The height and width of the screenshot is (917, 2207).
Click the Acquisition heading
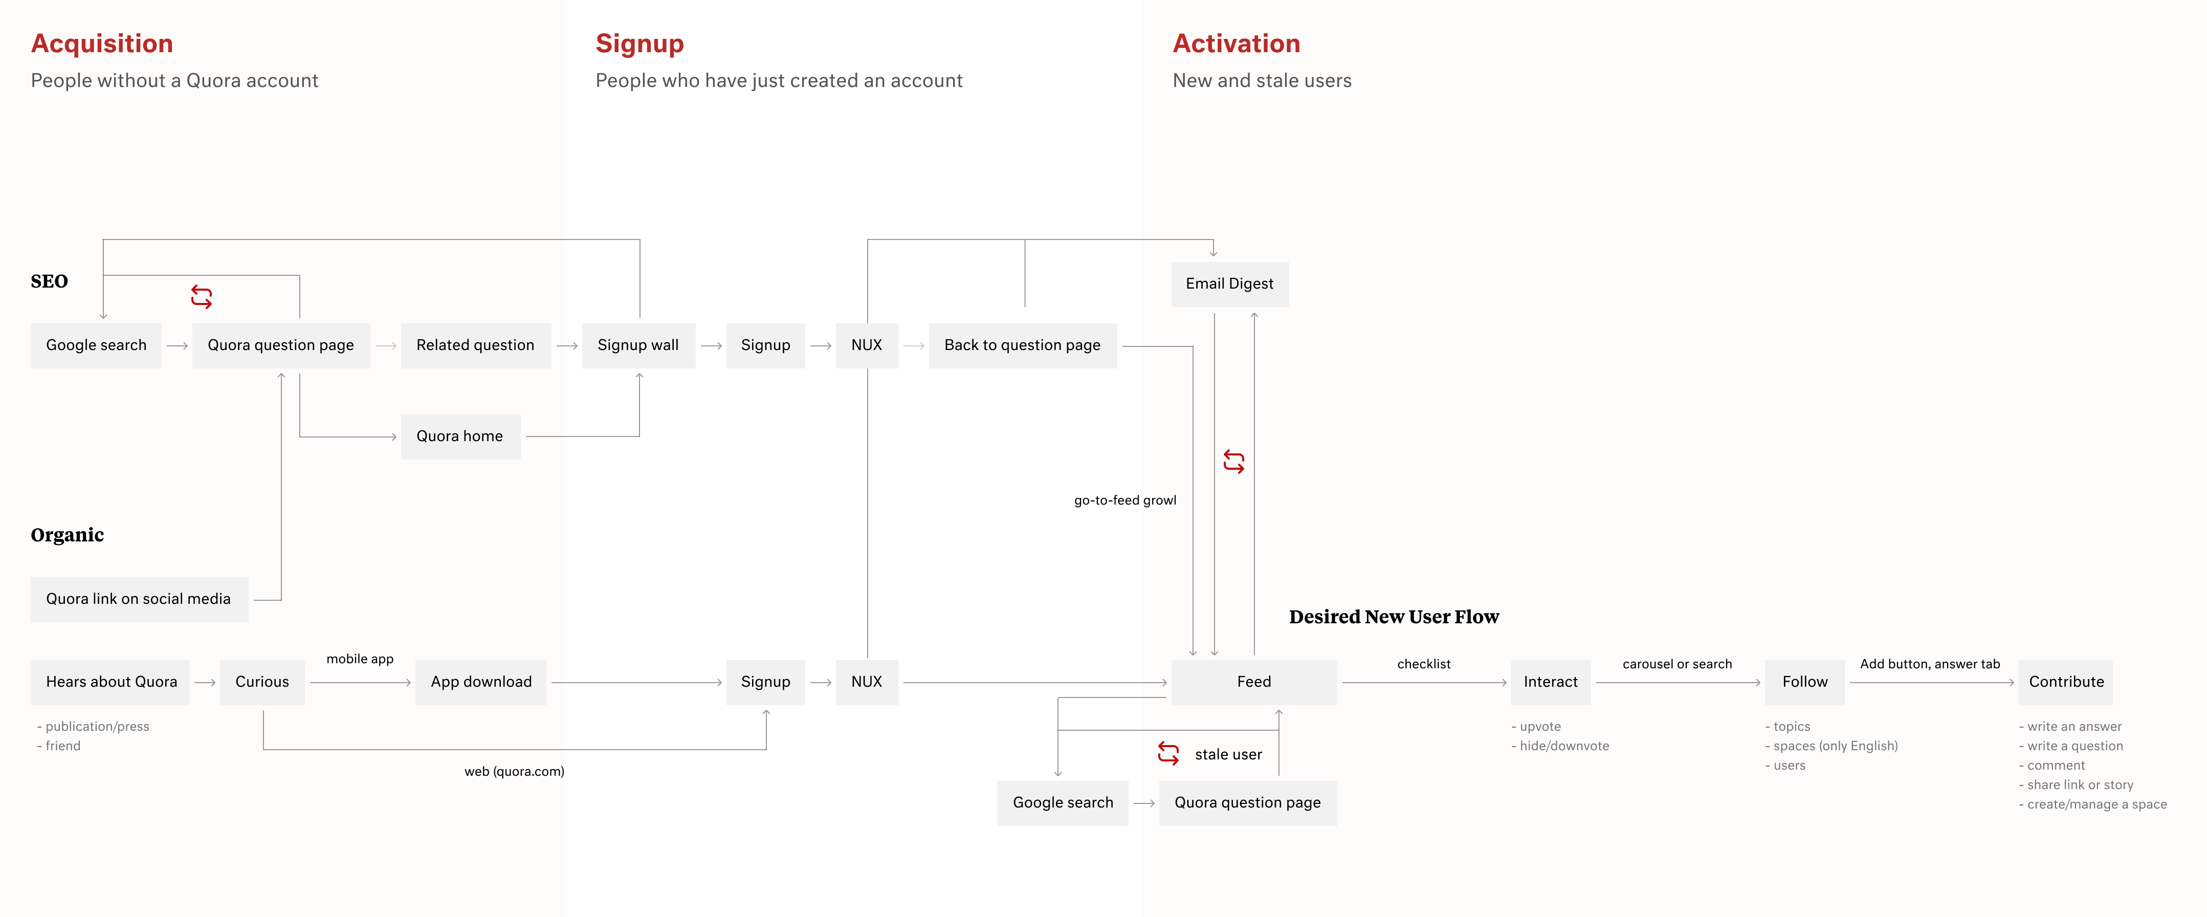click(102, 43)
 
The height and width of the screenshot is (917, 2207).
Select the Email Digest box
click(1229, 283)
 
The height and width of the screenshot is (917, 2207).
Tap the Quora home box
click(460, 436)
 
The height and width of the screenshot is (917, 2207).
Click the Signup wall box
click(638, 345)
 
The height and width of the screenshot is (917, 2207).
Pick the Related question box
click(475, 345)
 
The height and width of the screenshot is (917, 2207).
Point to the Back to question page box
click(1022, 345)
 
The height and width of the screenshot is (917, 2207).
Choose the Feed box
click(1253, 682)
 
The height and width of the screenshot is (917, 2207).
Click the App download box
click(481, 682)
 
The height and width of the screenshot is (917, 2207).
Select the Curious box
click(262, 682)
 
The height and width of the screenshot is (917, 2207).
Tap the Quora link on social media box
click(139, 599)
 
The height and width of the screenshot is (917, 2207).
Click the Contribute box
click(2066, 682)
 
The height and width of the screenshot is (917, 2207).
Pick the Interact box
click(1550, 682)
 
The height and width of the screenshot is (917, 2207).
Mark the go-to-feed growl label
click(1125, 500)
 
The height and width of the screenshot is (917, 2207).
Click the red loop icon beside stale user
click(1168, 753)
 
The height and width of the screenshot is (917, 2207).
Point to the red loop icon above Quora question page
click(202, 296)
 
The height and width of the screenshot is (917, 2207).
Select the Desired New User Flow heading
click(1394, 617)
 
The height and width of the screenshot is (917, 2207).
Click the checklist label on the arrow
click(1424, 664)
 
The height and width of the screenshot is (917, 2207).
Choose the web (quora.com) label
click(514, 771)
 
